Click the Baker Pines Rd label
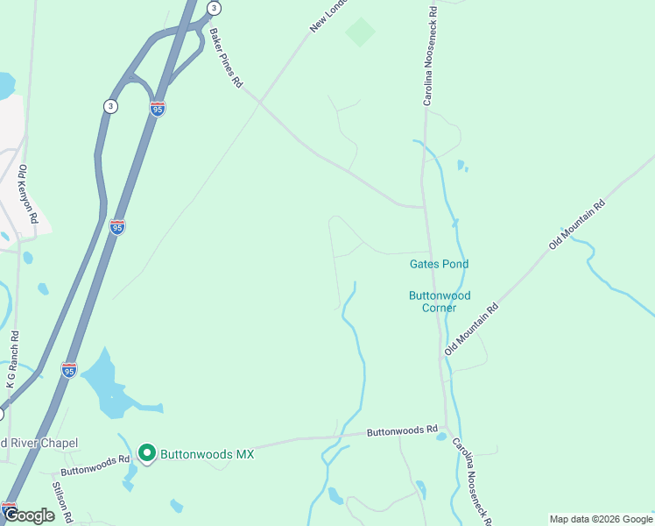click(225, 60)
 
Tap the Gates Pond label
click(439, 264)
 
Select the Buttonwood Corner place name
click(439, 302)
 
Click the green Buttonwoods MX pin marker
click(146, 453)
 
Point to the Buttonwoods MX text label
click(207, 454)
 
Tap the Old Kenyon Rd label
click(28, 194)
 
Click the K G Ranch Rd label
click(11, 359)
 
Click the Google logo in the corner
click(29, 515)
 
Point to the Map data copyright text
click(600, 519)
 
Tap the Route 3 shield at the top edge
click(214, 8)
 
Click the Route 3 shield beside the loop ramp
click(109, 106)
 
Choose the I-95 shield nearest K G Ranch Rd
click(69, 370)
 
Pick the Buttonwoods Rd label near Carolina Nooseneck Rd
click(402, 431)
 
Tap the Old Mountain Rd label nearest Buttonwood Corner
click(471, 329)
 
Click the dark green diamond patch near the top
click(360, 32)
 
